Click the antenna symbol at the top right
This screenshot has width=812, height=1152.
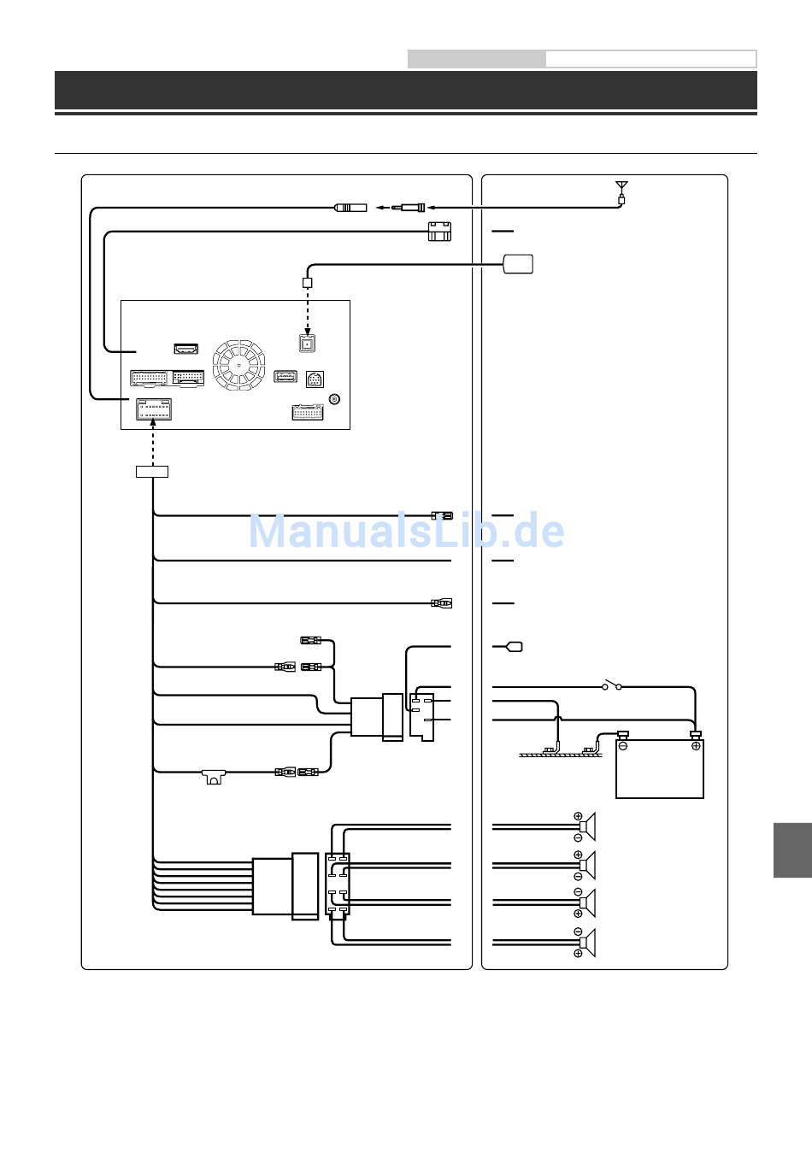point(621,191)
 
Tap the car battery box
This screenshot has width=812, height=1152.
point(660,769)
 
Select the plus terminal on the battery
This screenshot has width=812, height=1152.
point(696,745)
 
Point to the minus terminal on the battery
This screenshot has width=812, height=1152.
point(623,745)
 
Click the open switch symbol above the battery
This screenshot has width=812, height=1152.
point(612,685)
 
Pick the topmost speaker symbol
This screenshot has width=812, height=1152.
point(585,827)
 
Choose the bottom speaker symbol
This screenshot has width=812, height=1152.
point(585,943)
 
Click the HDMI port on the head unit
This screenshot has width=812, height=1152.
point(186,349)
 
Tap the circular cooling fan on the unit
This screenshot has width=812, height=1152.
point(238,365)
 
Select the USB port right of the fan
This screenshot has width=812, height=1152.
point(285,376)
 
